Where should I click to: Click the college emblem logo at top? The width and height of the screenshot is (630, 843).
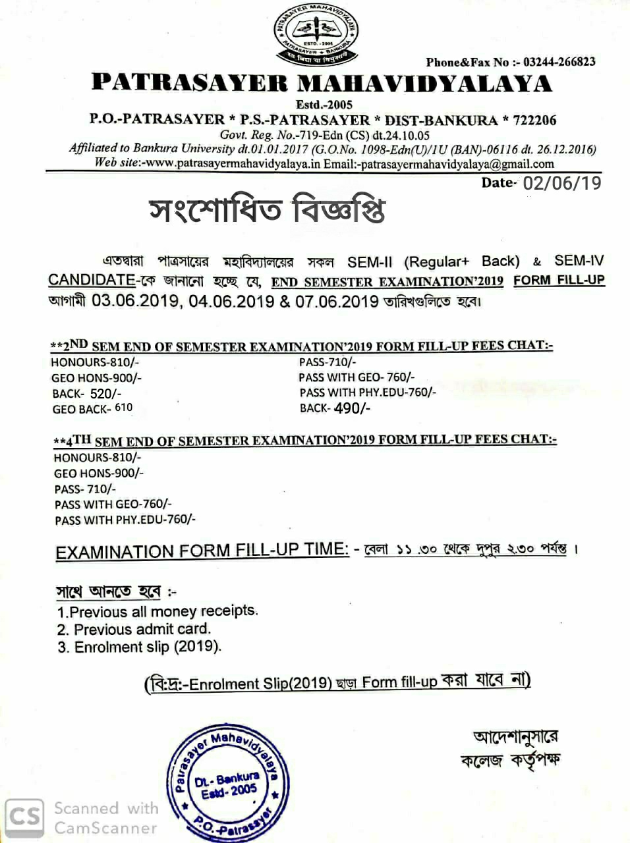tap(315, 33)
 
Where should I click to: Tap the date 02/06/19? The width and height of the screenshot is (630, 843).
tap(561, 182)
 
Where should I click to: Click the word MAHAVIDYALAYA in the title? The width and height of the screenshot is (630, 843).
tap(424, 84)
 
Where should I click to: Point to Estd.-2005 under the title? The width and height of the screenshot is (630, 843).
tap(324, 104)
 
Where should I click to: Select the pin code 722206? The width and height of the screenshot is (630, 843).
tap(534, 120)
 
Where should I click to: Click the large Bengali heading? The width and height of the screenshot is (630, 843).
tap(267, 210)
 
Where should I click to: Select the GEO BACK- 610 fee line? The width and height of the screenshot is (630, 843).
tap(92, 408)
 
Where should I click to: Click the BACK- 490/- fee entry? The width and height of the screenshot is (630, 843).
tap(335, 408)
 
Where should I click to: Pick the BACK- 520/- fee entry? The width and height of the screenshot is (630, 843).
tap(87, 393)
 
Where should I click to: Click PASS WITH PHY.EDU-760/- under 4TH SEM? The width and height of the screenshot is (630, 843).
tap(125, 520)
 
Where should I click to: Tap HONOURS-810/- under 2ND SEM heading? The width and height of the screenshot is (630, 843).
tap(95, 362)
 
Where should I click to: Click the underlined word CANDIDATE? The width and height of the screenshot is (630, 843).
tap(92, 279)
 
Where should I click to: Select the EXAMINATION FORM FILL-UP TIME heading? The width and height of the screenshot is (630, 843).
tap(202, 551)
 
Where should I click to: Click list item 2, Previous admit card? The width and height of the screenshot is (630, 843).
tap(134, 629)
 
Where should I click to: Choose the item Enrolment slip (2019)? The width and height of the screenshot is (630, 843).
tap(140, 647)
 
